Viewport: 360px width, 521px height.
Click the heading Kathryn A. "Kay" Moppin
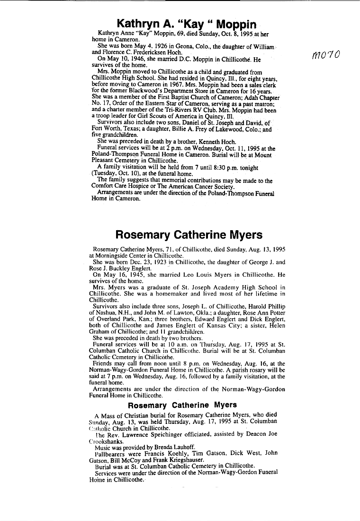click(x=187, y=24)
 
